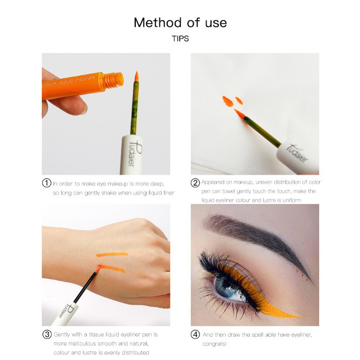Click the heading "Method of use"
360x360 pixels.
pyautogui.click(x=180, y=23)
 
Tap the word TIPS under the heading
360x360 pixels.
pyautogui.click(x=180, y=38)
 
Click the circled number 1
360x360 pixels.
pyautogui.click(x=46, y=183)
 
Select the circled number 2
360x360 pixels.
pyautogui.click(x=195, y=183)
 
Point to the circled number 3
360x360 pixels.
pyautogui.click(x=47, y=334)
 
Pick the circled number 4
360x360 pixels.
pyautogui.click(x=195, y=335)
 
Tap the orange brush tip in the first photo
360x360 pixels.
pyautogui.click(x=136, y=76)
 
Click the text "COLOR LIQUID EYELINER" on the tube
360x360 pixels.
pyautogui.click(x=69, y=81)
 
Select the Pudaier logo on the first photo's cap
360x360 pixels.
pyautogui.click(x=134, y=152)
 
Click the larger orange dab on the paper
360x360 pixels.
pyautogui.click(x=228, y=101)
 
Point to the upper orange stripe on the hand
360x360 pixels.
pyautogui.click(x=112, y=254)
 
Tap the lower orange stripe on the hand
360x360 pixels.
pyautogui.click(x=113, y=269)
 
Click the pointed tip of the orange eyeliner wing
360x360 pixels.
pyautogui.click(x=301, y=317)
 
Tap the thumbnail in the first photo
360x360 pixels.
pyautogui.click(x=84, y=109)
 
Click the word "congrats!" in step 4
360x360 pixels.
pyautogui.click(x=215, y=344)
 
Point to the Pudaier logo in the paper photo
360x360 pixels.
pyautogui.click(x=297, y=153)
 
